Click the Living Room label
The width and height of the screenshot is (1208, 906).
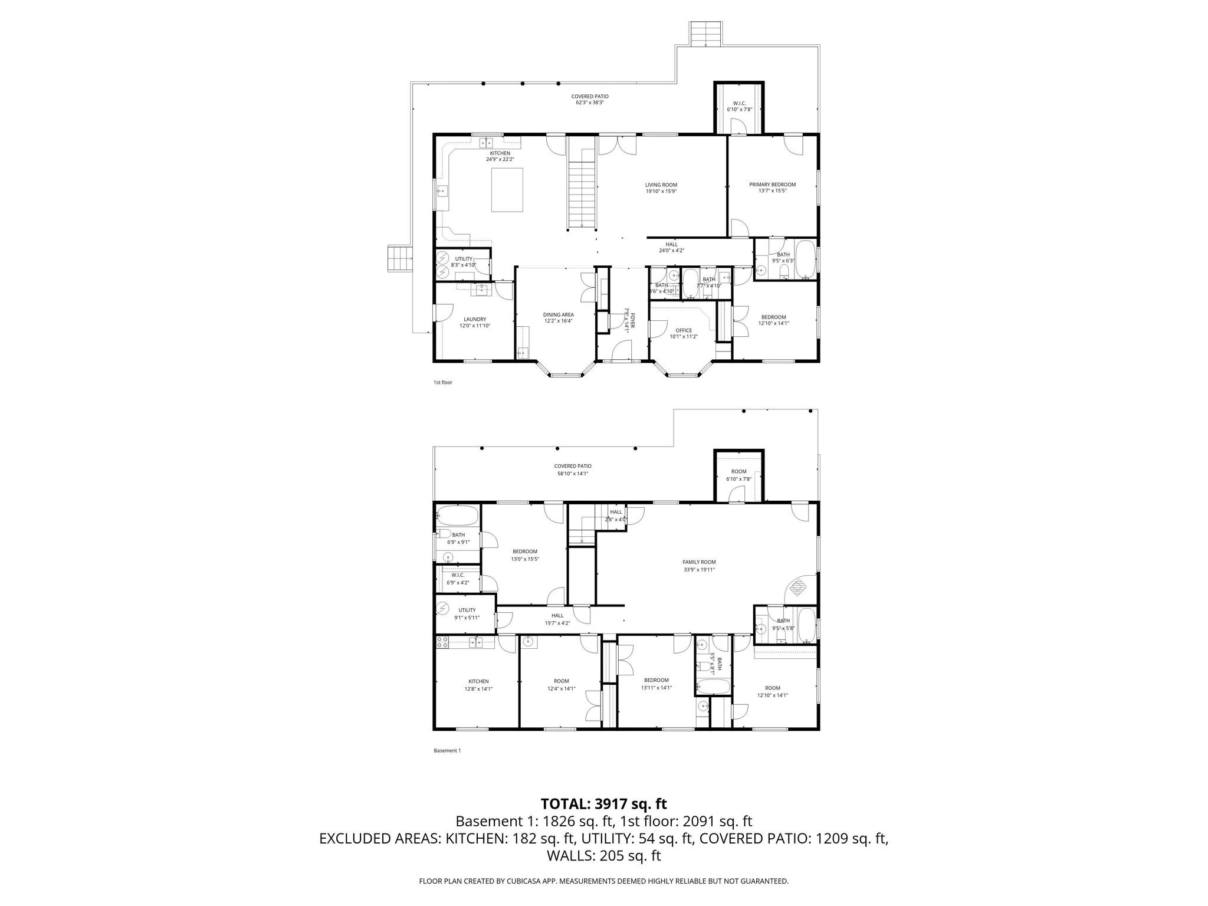pyautogui.click(x=661, y=185)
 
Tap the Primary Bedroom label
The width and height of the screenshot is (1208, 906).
pyautogui.click(x=772, y=185)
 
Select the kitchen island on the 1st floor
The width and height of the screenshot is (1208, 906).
pyautogui.click(x=507, y=189)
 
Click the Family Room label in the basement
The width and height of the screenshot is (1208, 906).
pyautogui.click(x=699, y=562)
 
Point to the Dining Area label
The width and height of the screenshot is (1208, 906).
pyautogui.click(x=558, y=314)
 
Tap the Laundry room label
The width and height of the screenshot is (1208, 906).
pyautogui.click(x=475, y=319)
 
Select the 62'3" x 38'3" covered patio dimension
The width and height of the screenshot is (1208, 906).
pyautogui.click(x=590, y=103)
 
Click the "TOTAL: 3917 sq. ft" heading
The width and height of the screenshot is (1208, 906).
pyautogui.click(x=603, y=804)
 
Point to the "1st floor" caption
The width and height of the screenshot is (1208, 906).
pyautogui.click(x=442, y=382)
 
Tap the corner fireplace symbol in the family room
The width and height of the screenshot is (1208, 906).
pyautogui.click(x=798, y=587)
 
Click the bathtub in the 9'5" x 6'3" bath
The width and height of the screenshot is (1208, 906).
pyautogui.click(x=806, y=259)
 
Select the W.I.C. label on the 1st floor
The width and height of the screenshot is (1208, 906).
pyautogui.click(x=739, y=103)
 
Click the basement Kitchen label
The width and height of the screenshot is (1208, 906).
pyautogui.click(x=478, y=681)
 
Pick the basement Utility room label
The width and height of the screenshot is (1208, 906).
pyautogui.click(x=467, y=610)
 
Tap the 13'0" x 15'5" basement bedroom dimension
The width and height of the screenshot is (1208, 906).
pyautogui.click(x=525, y=559)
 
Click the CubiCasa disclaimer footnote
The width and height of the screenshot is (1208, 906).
pyautogui.click(x=603, y=881)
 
